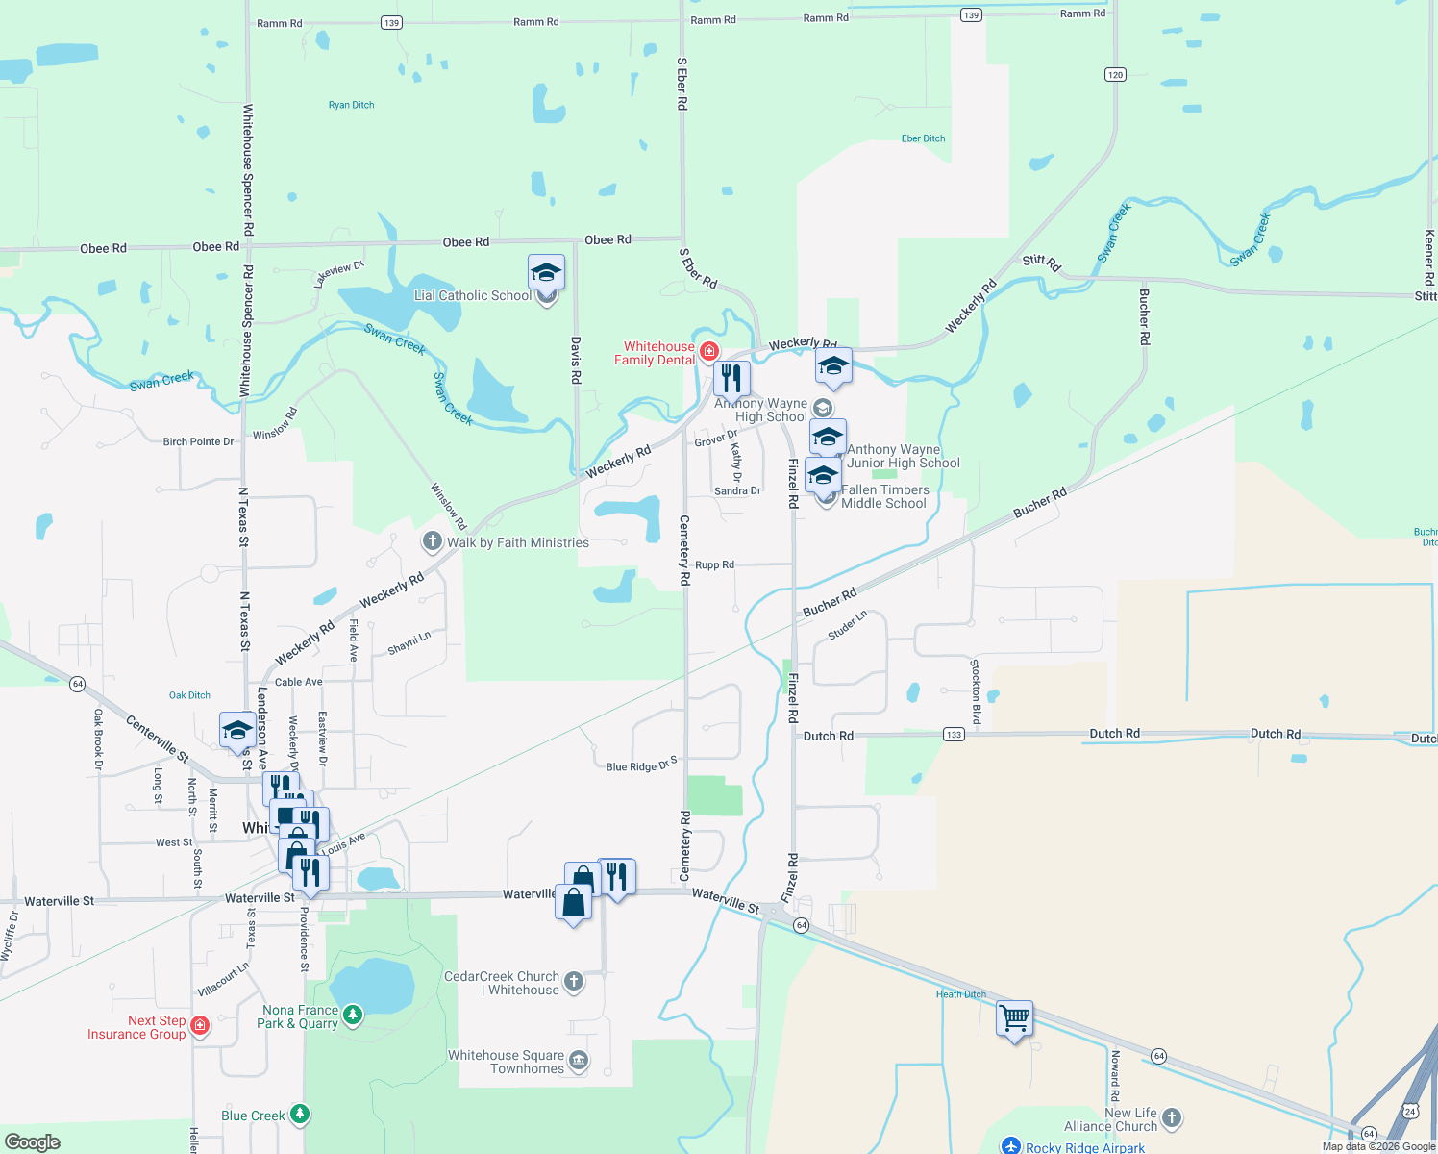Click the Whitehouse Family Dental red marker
[x=709, y=352]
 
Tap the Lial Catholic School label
[x=472, y=296]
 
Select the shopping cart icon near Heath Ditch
[x=1015, y=1017]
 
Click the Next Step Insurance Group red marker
[x=200, y=1026]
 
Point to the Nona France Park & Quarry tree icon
[x=353, y=1015]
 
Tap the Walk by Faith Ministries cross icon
[x=432, y=542]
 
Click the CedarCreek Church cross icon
[x=574, y=981]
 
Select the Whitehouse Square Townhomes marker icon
[x=579, y=1061]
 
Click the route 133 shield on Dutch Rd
[x=953, y=735]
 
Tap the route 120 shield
[x=1115, y=75]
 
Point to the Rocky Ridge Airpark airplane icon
[x=1010, y=1145]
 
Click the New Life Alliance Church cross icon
[x=1171, y=1117]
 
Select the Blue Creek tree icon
[x=301, y=1115]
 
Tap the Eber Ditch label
[x=923, y=138]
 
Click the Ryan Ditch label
[x=351, y=105]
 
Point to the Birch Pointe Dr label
[x=198, y=442]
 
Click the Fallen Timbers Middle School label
[x=884, y=496]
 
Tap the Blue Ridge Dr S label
[x=641, y=766]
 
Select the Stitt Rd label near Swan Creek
[x=1041, y=262]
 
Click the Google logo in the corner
[x=33, y=1142]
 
